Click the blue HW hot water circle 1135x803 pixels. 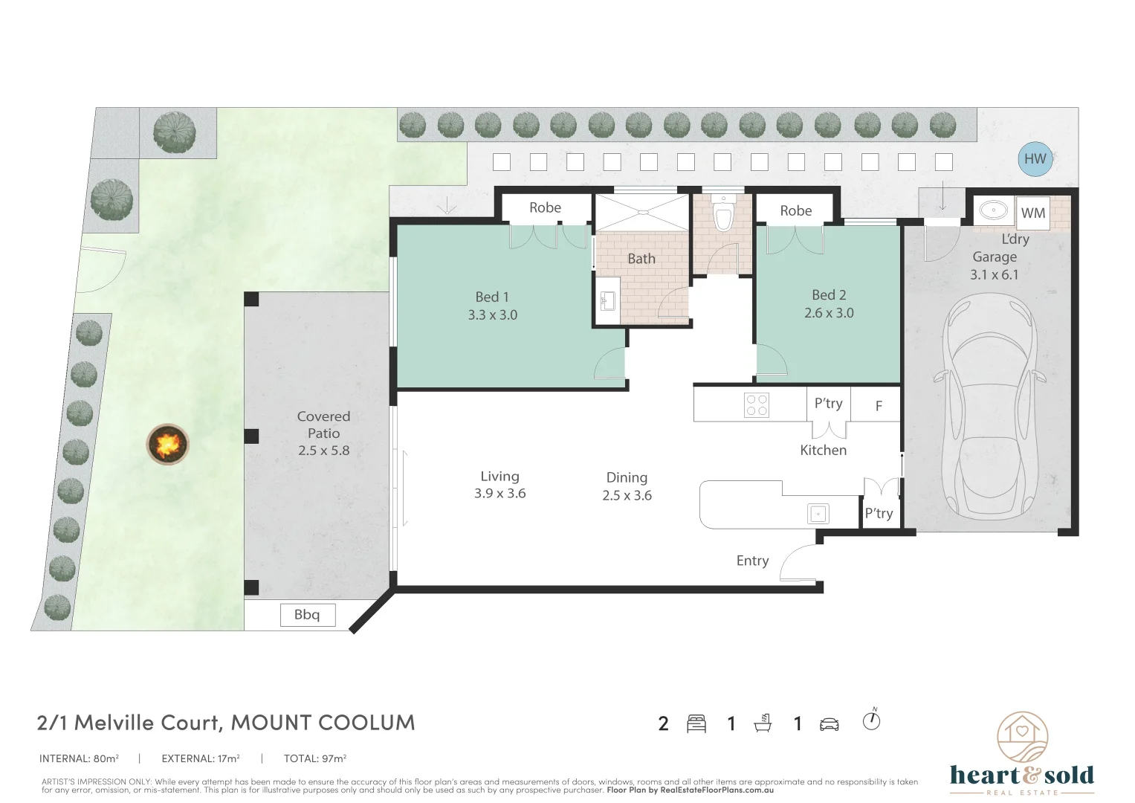point(1035,158)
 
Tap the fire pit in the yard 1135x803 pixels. point(168,445)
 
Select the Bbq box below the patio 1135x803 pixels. point(307,615)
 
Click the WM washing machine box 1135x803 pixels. point(1032,213)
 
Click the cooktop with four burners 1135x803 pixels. point(757,405)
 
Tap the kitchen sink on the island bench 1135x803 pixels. point(818,513)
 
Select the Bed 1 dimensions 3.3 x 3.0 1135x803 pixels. point(492,315)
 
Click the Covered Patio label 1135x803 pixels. point(323,425)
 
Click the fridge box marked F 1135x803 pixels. point(878,406)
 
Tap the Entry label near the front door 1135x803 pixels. point(752,561)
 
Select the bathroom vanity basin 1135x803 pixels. point(607,301)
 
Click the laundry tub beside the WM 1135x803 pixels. point(993,210)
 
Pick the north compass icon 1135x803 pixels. point(871,720)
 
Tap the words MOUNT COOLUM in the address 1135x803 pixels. point(323,723)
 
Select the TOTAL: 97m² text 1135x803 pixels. point(314,758)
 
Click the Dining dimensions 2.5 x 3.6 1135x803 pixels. point(627,496)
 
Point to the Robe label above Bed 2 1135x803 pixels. point(795,210)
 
